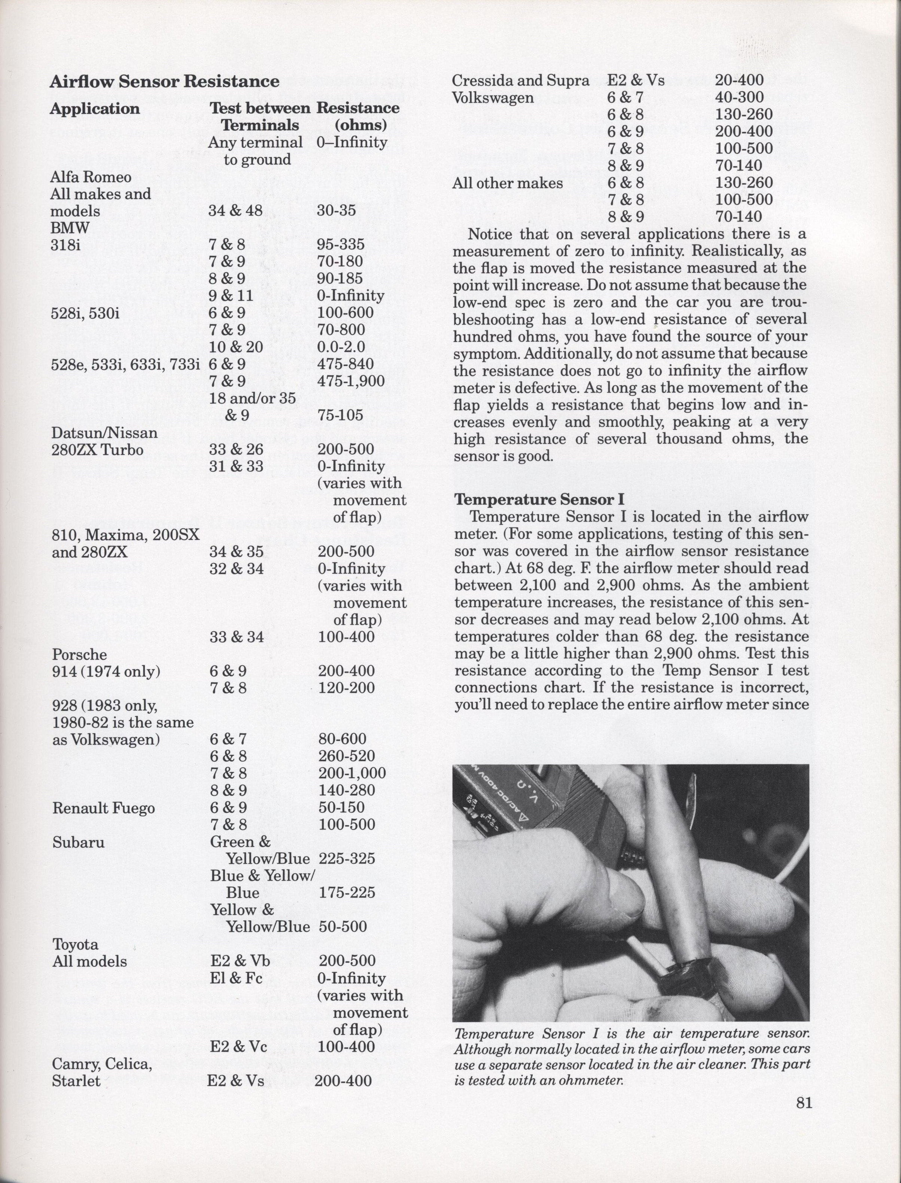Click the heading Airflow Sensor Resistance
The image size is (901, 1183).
[164, 82]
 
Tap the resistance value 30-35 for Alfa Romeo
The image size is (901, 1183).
[336, 211]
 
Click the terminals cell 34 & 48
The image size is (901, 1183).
[235, 211]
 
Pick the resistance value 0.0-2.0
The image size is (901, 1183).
[341, 347]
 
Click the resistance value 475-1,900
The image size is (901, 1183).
[351, 381]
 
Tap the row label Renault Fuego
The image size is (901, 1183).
[103, 808]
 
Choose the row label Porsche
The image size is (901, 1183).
[79, 654]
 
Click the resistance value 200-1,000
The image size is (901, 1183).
[352, 773]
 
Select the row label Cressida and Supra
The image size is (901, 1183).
[520, 81]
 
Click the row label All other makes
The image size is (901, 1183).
[507, 183]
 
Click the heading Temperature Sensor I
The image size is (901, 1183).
[539, 499]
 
